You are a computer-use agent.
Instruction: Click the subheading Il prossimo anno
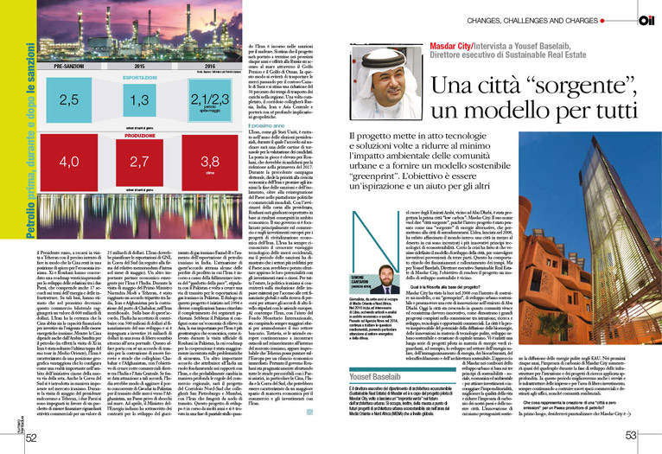click(268, 127)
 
